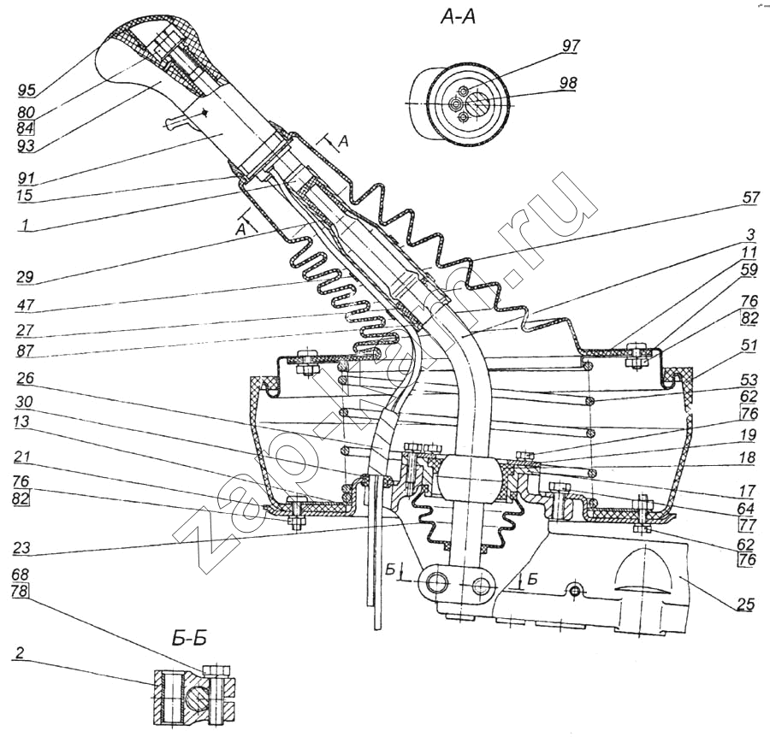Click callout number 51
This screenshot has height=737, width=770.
(749, 346)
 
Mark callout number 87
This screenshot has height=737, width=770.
(28, 351)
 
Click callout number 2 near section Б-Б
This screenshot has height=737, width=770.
(19, 652)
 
